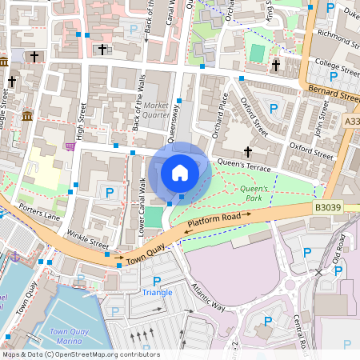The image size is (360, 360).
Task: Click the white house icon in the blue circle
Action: pyautogui.click(x=180, y=172)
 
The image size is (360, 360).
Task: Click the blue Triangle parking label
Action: pyautogui.click(x=157, y=292)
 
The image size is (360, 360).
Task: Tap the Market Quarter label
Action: pyautogui.click(x=158, y=109)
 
